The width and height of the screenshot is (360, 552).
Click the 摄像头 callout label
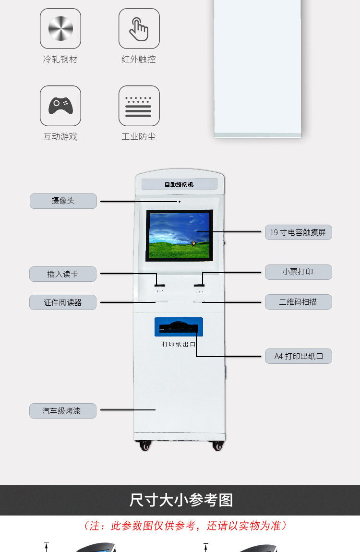tap(63, 201)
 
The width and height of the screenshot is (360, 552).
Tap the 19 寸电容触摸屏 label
tap(298, 232)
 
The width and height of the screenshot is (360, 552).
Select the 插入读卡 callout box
tap(63, 274)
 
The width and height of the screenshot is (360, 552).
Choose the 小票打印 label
tap(298, 272)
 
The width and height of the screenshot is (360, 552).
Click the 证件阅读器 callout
tap(63, 302)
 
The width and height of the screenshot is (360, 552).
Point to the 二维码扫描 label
tap(298, 302)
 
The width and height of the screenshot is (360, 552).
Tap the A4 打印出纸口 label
tap(298, 356)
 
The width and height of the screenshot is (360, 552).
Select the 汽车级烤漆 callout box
tap(63, 411)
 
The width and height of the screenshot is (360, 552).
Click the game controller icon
tap(60, 106)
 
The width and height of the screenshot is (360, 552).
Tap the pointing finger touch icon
tap(139, 28)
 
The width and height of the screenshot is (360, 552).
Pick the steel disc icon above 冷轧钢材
tap(60, 28)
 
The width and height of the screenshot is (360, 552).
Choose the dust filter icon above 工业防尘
tap(139, 106)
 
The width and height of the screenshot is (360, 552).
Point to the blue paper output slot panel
tap(179, 327)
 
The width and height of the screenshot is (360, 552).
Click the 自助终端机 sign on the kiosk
tap(179, 184)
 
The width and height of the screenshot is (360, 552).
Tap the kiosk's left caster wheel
tap(145, 446)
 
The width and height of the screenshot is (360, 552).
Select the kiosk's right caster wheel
tap(218, 446)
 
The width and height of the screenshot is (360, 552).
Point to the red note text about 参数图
tap(185, 526)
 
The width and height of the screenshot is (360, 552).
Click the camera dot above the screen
tap(180, 202)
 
